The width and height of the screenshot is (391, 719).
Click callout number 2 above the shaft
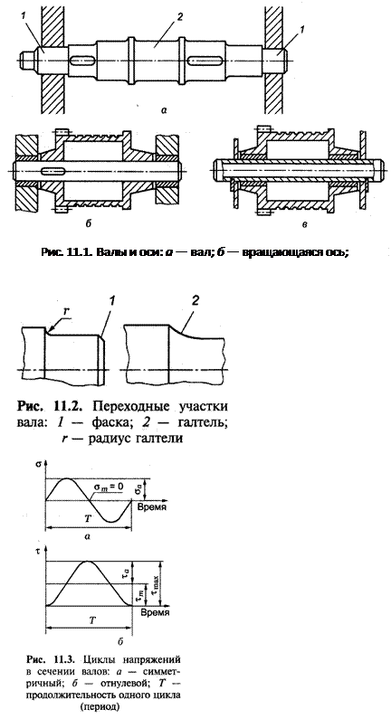pyautogui.click(x=179, y=17)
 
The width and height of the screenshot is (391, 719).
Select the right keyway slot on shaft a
pyautogui.click(x=205, y=61)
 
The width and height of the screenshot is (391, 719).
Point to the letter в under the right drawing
pyautogui.click(x=305, y=224)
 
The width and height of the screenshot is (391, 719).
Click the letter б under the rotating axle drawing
pyautogui.click(x=88, y=223)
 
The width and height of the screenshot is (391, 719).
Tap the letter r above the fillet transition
pyautogui.click(x=66, y=311)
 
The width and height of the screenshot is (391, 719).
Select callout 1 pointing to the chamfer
pyautogui.click(x=112, y=301)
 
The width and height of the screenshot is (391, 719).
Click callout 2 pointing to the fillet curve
pyautogui.click(x=195, y=301)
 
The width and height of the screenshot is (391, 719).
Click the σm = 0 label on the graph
pyautogui.click(x=109, y=486)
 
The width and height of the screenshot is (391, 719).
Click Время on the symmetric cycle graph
pyautogui.click(x=152, y=507)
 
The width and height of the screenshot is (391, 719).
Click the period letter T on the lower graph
pyautogui.click(x=92, y=620)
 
